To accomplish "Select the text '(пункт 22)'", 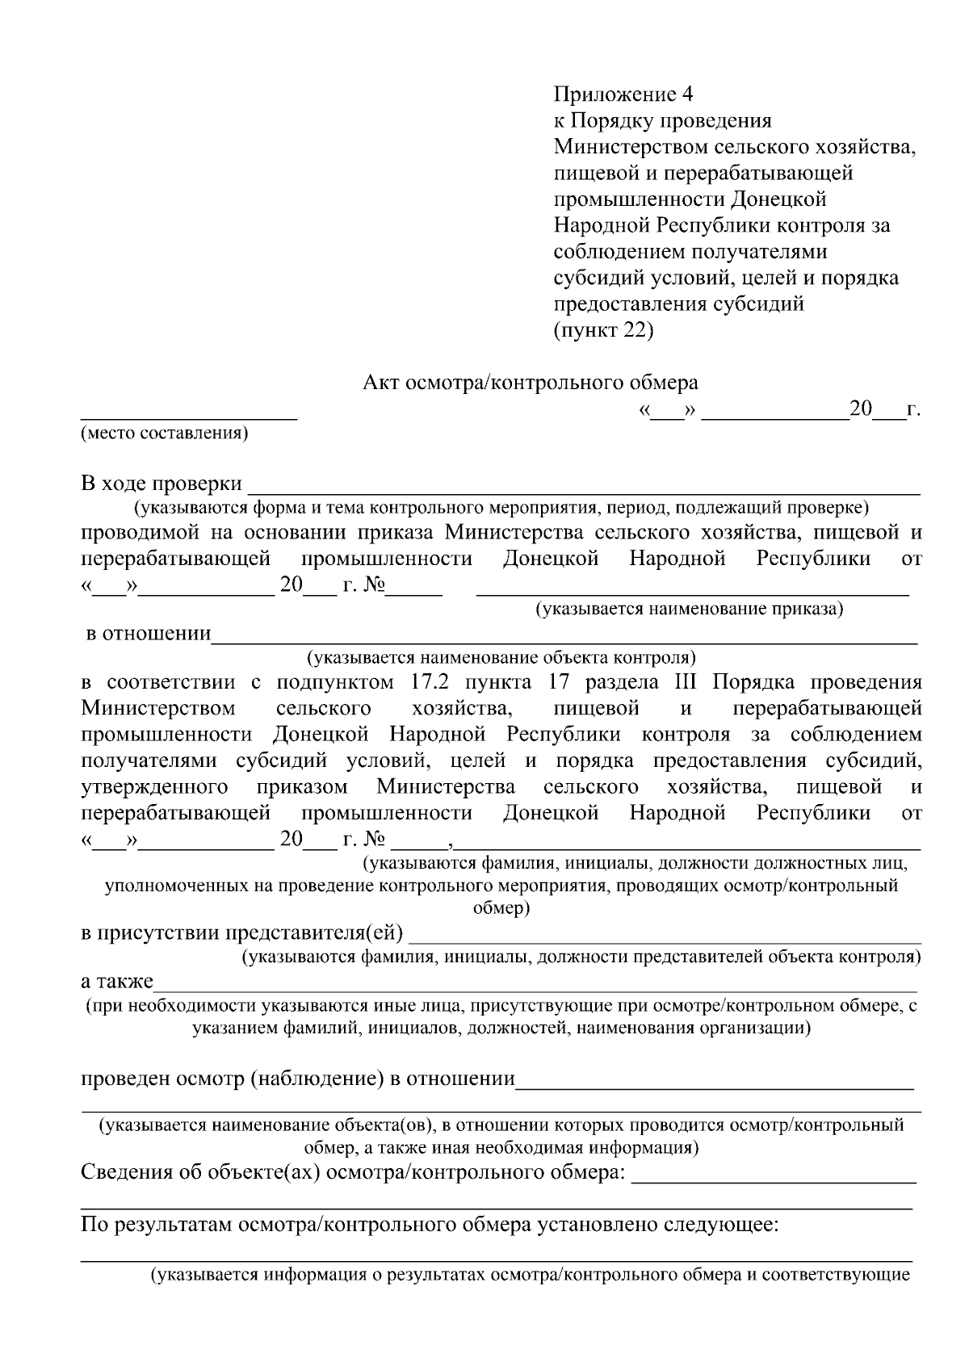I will (x=603, y=330).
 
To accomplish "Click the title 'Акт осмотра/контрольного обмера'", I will (x=530, y=381).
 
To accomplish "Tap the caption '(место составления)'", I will (x=164, y=434).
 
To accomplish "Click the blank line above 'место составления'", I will (x=188, y=415).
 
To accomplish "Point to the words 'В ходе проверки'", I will (x=161, y=484).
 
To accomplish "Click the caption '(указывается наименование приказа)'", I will (x=690, y=609).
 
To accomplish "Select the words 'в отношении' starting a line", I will (x=149, y=634).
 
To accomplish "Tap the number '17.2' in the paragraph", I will (x=420, y=682).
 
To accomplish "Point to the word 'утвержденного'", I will (x=154, y=786).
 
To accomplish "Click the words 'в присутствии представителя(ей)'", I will (x=242, y=934).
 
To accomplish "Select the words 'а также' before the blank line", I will (x=117, y=982).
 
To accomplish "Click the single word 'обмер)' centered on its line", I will (x=501, y=908).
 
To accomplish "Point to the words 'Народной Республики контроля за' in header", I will (x=722, y=225).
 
